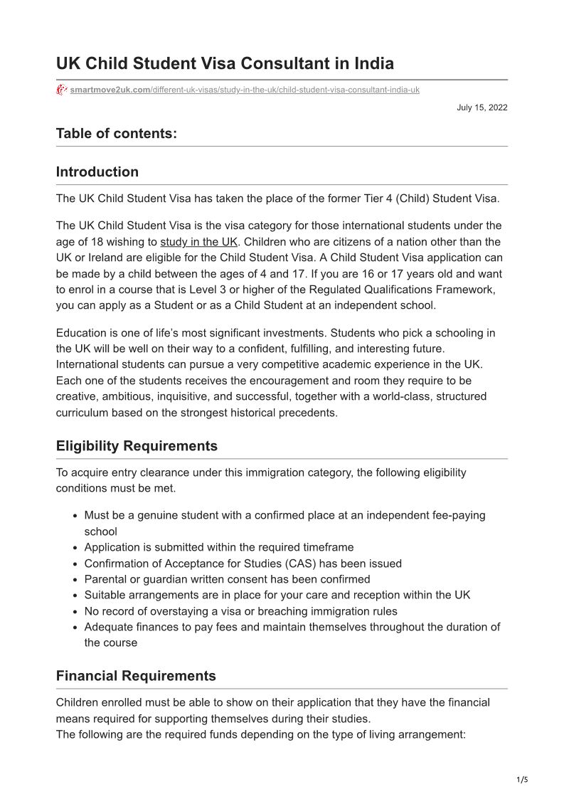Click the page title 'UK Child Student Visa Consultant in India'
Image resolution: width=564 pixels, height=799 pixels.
[225, 63]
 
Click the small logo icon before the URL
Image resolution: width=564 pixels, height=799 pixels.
[62, 90]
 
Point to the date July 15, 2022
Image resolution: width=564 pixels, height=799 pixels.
[482, 107]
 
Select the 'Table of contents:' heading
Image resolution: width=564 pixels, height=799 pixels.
[117, 133]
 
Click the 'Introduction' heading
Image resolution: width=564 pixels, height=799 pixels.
[97, 171]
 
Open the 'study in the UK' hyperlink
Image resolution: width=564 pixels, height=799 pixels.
[198, 242]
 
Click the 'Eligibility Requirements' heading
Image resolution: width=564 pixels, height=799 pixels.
[137, 446]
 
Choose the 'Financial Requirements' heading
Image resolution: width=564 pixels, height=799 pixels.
[136, 676]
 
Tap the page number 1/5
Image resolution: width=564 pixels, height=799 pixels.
[522, 780]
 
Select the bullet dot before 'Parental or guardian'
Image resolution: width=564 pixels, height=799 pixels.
[75, 580]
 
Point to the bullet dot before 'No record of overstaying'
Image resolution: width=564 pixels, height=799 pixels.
[75, 612]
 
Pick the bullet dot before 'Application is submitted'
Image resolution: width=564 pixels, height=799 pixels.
[75, 548]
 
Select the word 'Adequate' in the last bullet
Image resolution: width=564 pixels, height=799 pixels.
[107, 627]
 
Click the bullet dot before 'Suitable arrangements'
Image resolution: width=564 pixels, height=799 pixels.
[75, 596]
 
